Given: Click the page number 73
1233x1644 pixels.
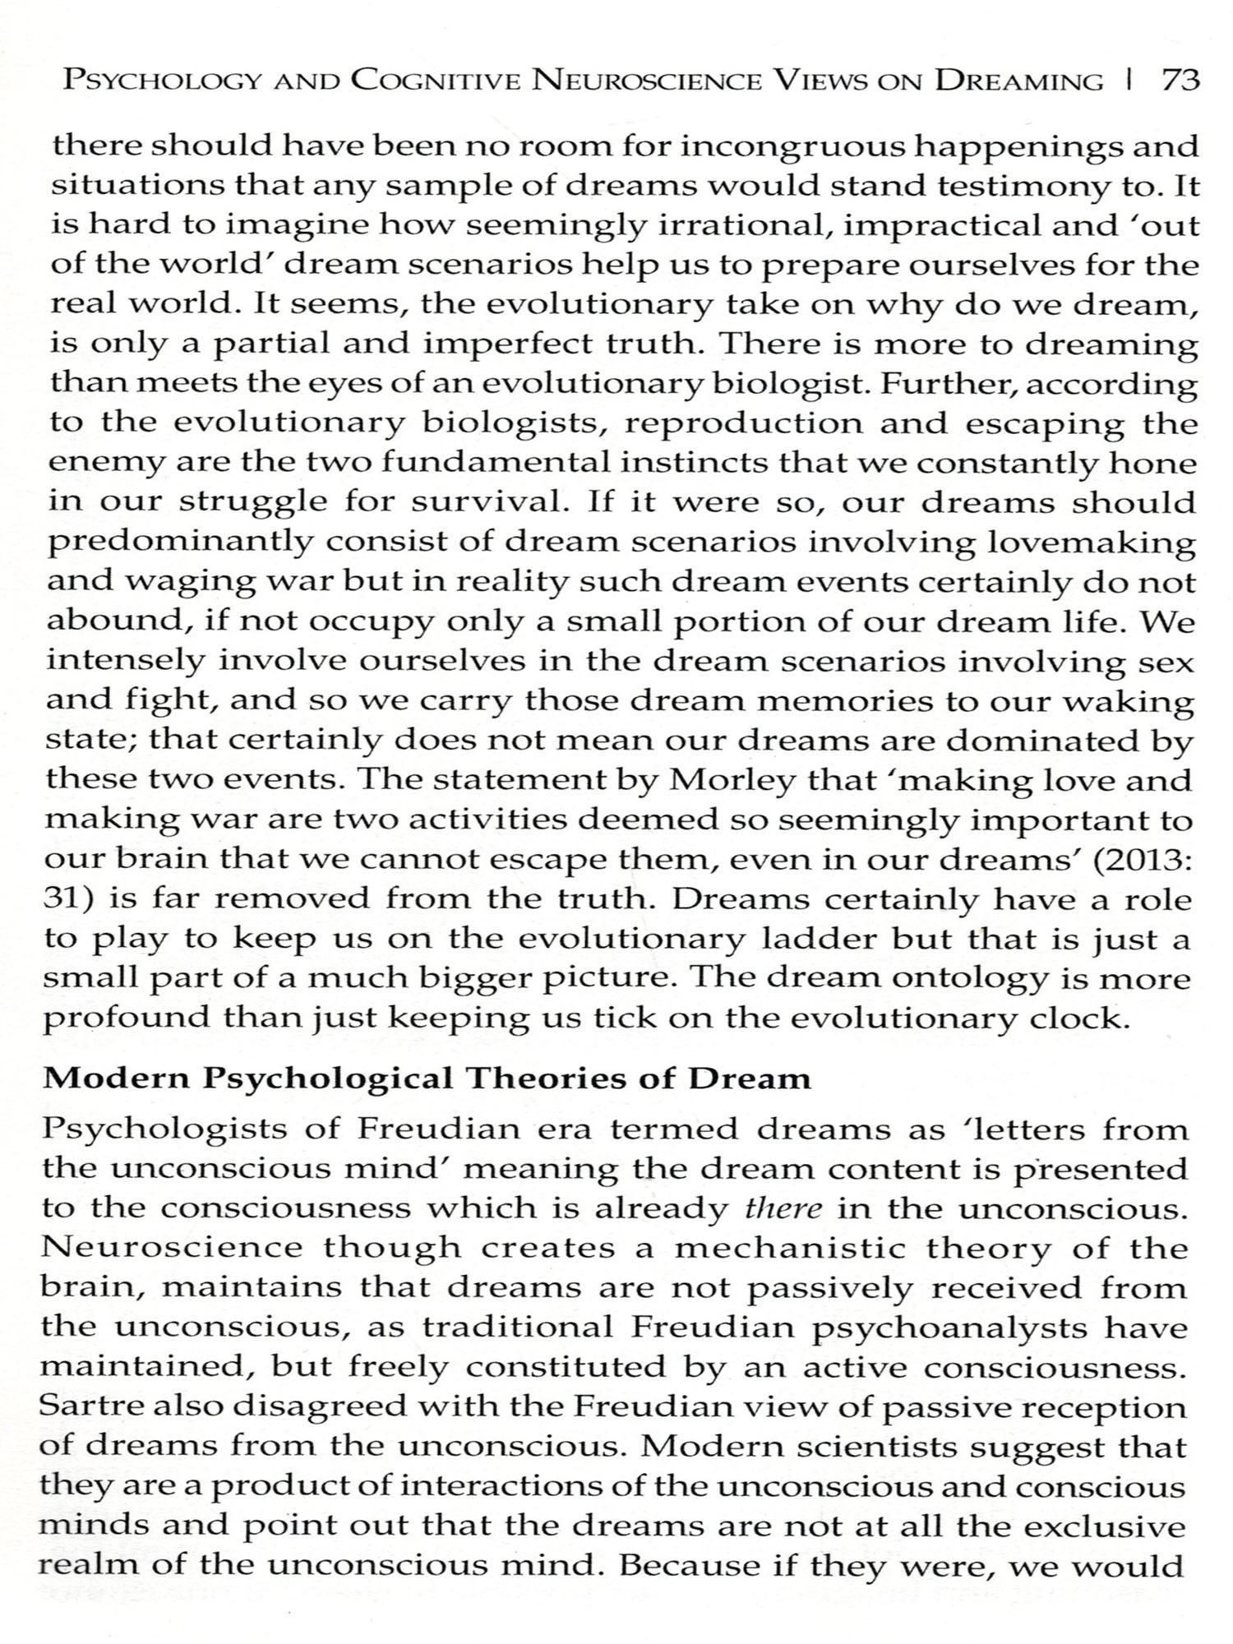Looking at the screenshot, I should tap(1180, 81).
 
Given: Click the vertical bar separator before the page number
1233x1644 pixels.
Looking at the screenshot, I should tap(1132, 81).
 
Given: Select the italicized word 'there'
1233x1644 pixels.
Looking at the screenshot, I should tap(783, 1208).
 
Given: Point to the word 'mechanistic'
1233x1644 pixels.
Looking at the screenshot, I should tap(790, 1248).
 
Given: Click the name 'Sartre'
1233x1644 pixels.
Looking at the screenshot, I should tap(87, 1406).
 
